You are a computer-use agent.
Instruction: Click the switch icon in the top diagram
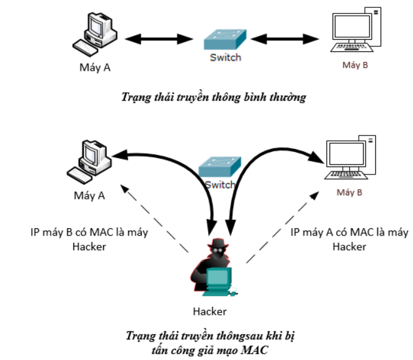[x=225, y=40]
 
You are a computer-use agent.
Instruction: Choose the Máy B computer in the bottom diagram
[x=349, y=159]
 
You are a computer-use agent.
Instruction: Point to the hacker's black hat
[x=217, y=244]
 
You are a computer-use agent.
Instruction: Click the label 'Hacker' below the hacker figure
[x=210, y=311]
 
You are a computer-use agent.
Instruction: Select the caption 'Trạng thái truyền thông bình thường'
[x=213, y=97]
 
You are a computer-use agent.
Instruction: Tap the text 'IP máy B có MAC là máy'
[x=89, y=233]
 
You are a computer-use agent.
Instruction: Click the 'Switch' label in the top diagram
[x=225, y=58]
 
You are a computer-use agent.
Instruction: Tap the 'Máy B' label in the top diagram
[x=354, y=64]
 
